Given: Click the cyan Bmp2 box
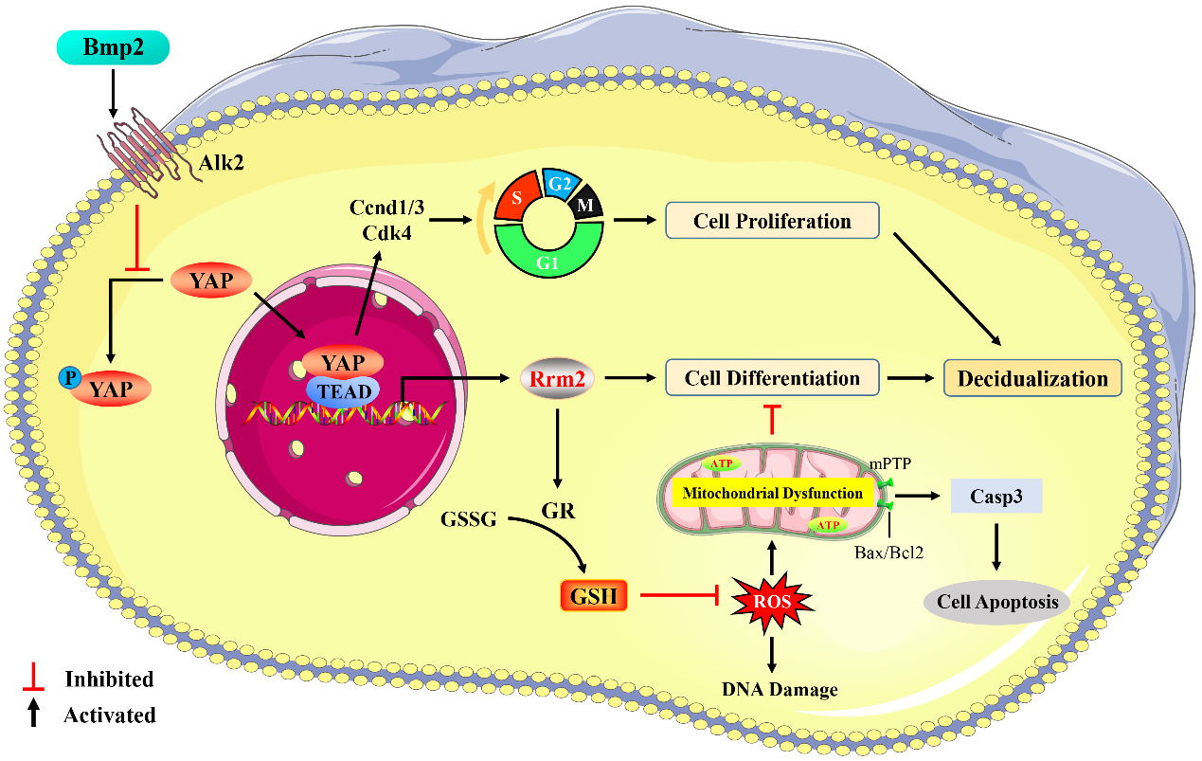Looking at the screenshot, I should point(113,48).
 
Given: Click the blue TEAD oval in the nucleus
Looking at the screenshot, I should point(342,390).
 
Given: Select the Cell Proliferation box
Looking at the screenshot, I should point(772,222).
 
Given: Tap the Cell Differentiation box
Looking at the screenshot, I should point(772,378).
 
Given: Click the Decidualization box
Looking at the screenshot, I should point(1032,378).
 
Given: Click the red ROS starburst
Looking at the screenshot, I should point(772,599).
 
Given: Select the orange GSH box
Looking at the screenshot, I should point(593,596).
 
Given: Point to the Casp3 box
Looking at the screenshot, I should point(996,496).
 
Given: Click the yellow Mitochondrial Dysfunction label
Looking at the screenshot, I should point(768,493).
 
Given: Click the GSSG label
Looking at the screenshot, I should point(469,518).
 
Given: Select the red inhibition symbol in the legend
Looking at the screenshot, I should point(34,677).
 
